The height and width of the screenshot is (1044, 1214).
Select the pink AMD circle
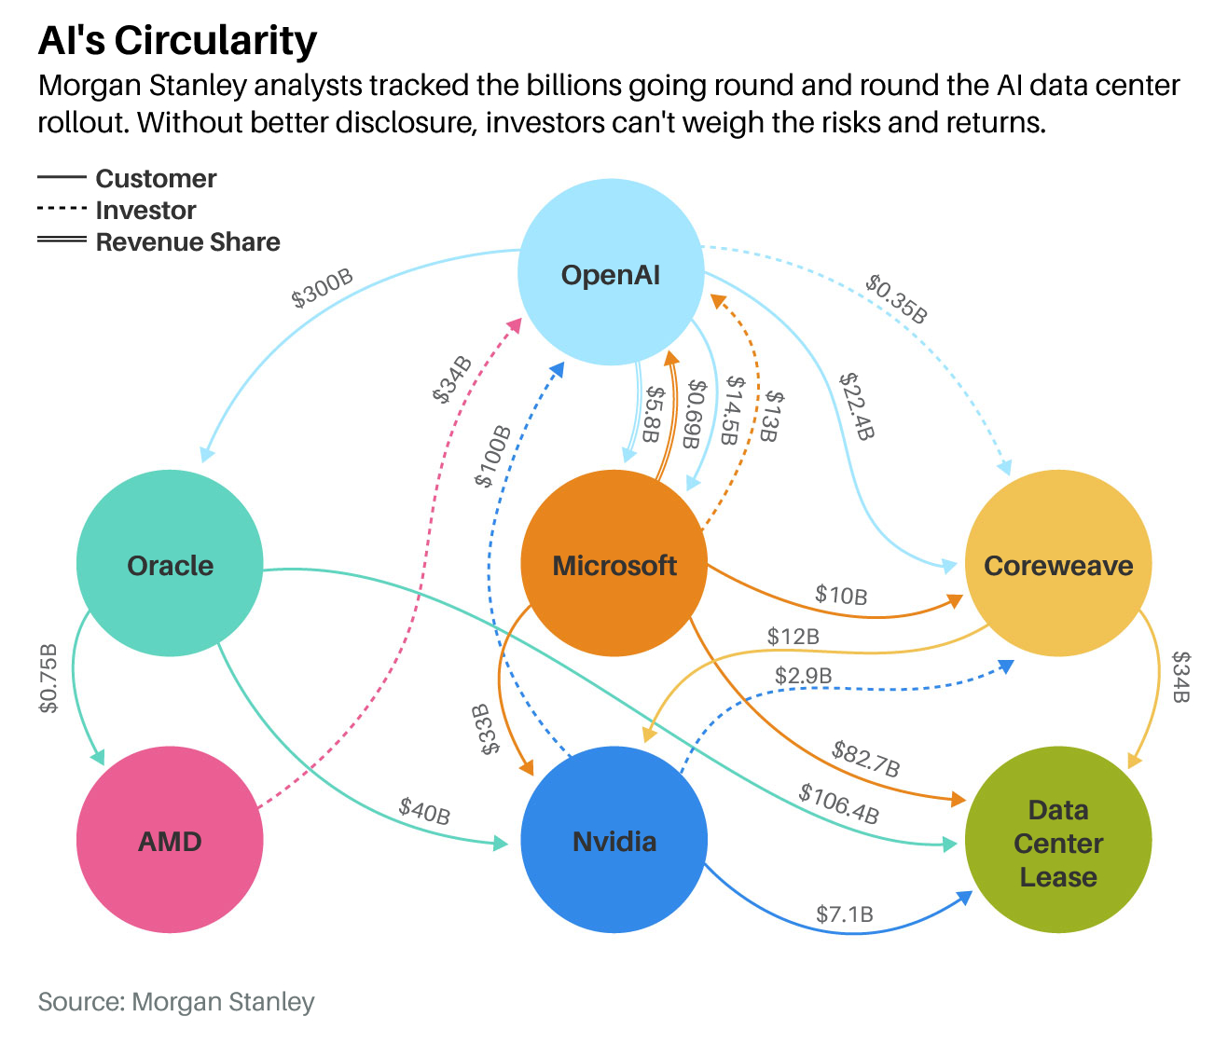[x=170, y=840]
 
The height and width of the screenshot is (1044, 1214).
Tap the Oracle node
[x=170, y=564]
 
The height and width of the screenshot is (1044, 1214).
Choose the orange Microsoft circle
[x=614, y=564]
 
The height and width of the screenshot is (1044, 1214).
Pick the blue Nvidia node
[x=614, y=840]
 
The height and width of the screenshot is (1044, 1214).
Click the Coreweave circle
[x=1058, y=564]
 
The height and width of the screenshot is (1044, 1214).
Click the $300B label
[x=323, y=289]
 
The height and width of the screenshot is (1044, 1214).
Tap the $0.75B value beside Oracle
[x=48, y=678]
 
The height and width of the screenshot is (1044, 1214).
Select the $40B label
[x=424, y=810]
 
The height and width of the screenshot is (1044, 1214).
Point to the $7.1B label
[x=844, y=914]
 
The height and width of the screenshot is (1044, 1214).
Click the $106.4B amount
[x=838, y=804]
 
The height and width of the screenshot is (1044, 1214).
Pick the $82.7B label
[x=865, y=759]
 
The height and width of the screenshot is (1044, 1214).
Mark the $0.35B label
[x=896, y=297]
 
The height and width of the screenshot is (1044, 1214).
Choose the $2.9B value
[x=803, y=675]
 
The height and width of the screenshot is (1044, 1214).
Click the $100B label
[x=493, y=456]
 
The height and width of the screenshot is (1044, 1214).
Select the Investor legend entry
[x=145, y=210]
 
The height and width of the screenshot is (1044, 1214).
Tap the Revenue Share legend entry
[x=187, y=241]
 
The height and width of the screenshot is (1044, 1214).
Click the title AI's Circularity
[x=177, y=40]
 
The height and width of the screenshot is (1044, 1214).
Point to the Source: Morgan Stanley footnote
[x=176, y=1002]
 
